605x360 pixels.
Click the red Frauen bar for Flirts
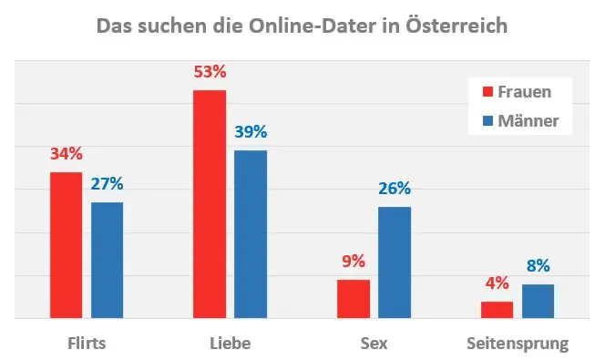pyautogui.click(x=66, y=245)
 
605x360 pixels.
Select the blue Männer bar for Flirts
pyautogui.click(x=107, y=260)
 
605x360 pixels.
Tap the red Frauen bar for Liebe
pyautogui.click(x=210, y=204)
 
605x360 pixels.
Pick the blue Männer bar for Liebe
pyautogui.click(x=251, y=234)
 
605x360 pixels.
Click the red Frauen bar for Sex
pyautogui.click(x=354, y=299)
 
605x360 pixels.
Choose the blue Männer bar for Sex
pyautogui.click(x=395, y=262)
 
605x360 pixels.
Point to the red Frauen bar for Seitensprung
pyautogui.click(x=497, y=310)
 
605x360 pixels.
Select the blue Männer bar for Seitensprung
pyautogui.click(x=538, y=302)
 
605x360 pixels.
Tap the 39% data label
pyautogui.click(x=251, y=132)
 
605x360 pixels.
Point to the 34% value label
pyautogui.click(x=66, y=154)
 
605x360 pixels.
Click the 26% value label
pyautogui.click(x=395, y=189)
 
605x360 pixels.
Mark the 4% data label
pyautogui.click(x=497, y=283)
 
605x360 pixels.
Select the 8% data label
pyautogui.click(x=538, y=266)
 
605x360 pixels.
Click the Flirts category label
pyautogui.click(x=87, y=344)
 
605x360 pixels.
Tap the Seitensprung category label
pyautogui.click(x=518, y=344)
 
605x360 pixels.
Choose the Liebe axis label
pyautogui.click(x=230, y=344)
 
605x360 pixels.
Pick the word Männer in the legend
pyautogui.click(x=529, y=120)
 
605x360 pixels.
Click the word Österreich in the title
pyautogui.click(x=455, y=26)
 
